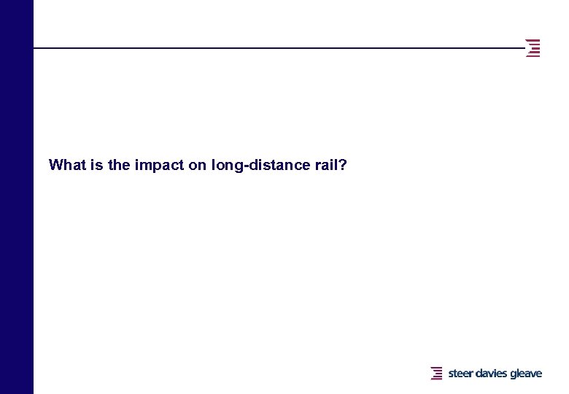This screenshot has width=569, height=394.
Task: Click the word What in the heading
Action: pos(66,165)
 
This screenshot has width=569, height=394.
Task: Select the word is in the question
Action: pos(95,165)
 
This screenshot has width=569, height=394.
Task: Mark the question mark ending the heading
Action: pos(342,165)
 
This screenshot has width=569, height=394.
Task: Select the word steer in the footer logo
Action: pos(460,374)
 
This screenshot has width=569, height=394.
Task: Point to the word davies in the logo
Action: pos(492,374)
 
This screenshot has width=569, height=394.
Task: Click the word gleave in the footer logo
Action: pos(526,374)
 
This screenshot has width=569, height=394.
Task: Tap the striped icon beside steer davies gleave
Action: pos(437,374)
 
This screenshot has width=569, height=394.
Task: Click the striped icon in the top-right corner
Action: pos(533,47)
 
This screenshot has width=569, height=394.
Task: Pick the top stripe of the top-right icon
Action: pos(533,39)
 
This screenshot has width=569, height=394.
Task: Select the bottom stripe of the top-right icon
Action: pos(533,56)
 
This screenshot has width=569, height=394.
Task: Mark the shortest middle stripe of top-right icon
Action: pos(536,47)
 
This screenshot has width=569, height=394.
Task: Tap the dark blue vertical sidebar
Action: pos(16,197)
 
